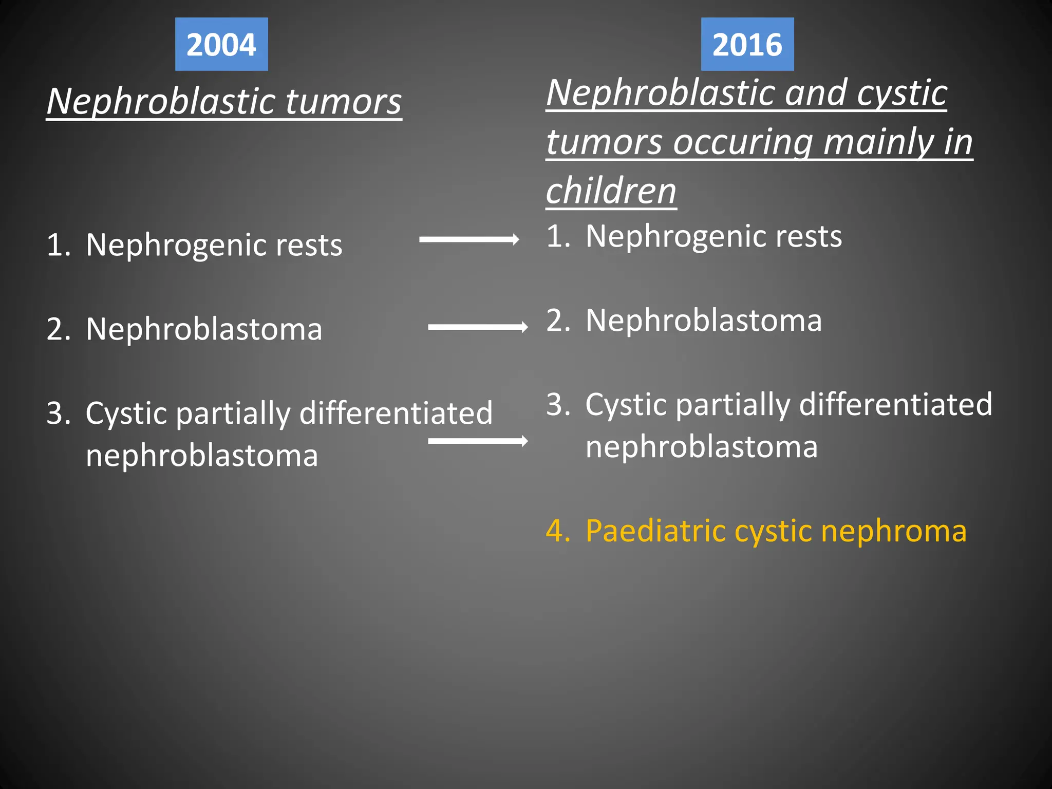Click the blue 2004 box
(221, 44)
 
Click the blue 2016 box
(747, 44)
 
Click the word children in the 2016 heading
(611, 191)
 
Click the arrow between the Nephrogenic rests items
(469, 239)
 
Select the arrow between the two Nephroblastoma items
(478, 327)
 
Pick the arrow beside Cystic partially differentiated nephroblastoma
(478, 441)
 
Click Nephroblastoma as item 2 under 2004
(204, 329)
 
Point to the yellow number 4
(557, 531)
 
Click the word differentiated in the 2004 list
(396, 413)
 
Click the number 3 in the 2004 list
(58, 413)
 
